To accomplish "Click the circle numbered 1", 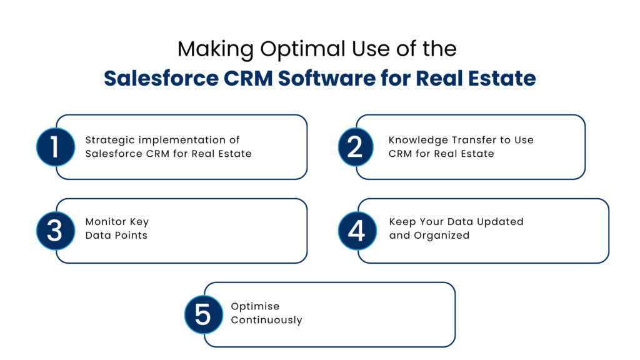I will [55, 147].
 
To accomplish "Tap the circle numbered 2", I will [355, 147].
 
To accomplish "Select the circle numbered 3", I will [55, 231].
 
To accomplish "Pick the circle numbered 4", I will [357, 231].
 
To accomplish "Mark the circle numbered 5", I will [203, 314].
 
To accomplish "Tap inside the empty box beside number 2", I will [478, 147].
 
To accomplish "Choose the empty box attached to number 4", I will [491, 231].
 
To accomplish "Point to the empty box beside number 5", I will [337, 314].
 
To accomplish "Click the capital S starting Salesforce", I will [110, 79].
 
